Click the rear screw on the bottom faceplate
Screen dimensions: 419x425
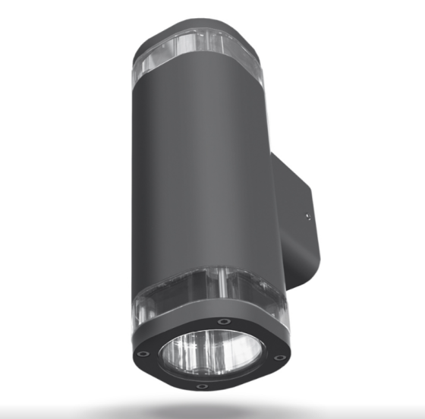(x=222, y=321)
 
